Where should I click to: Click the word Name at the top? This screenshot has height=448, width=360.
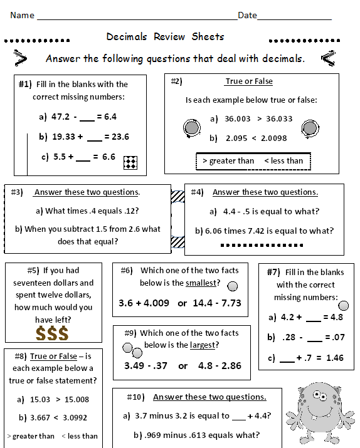click(x=23, y=15)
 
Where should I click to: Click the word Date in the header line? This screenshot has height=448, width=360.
click(x=247, y=15)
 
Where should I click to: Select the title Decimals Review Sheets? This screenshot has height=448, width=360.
click(x=165, y=37)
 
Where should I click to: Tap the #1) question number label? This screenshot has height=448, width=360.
click(x=25, y=84)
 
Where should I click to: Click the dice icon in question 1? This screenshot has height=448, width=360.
click(x=130, y=162)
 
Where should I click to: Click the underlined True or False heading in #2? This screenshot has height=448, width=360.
click(x=248, y=81)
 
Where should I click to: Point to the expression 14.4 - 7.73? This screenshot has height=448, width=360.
click(x=218, y=303)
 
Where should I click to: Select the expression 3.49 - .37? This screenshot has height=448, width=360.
click(x=146, y=365)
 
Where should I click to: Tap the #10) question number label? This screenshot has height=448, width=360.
click(x=131, y=397)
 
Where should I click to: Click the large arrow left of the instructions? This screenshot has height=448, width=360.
click(x=21, y=59)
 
